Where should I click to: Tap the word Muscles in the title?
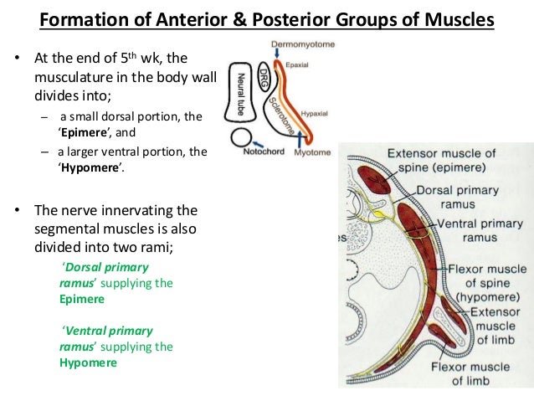point(458,18)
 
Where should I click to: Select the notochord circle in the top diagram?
point(243,141)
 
